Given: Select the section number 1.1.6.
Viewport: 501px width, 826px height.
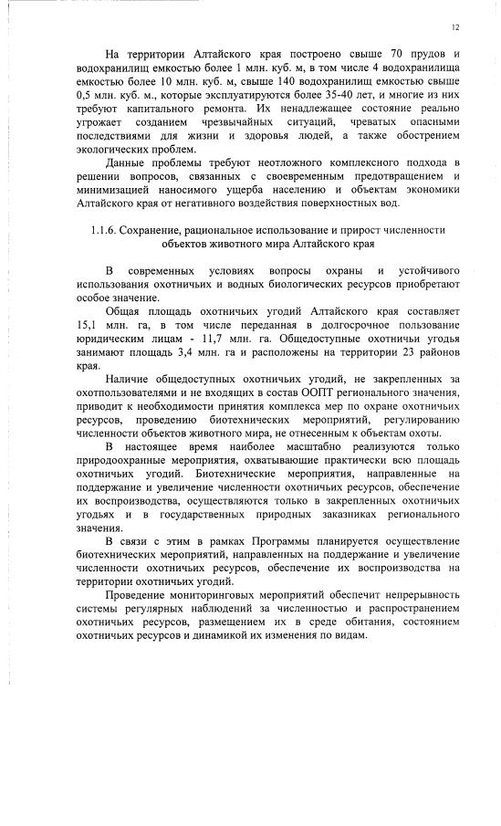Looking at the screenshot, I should point(107,230).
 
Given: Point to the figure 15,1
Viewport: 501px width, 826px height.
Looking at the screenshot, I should point(87,325).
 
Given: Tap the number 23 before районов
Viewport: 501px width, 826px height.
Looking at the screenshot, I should point(405,351).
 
